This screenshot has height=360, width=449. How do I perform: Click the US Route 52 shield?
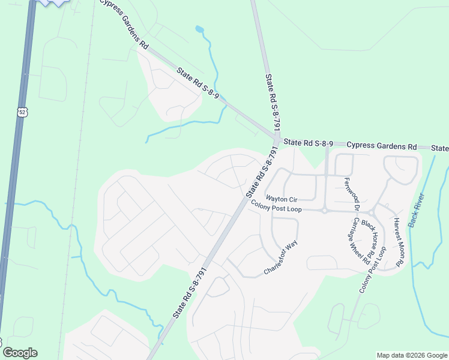22,112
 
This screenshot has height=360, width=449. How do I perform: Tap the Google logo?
20,353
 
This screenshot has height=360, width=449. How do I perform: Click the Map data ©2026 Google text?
411,355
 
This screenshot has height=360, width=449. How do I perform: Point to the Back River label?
416,209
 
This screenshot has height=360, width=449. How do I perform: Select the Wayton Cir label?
282,199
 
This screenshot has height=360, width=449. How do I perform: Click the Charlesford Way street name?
280,259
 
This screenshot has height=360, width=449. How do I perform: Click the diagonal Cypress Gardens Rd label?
124,25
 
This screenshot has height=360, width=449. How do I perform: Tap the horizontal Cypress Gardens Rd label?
382,146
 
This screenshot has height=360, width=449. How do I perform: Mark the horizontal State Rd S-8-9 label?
308,143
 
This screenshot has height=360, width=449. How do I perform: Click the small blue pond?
199,29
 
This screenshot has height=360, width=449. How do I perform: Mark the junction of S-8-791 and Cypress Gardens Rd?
277,139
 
